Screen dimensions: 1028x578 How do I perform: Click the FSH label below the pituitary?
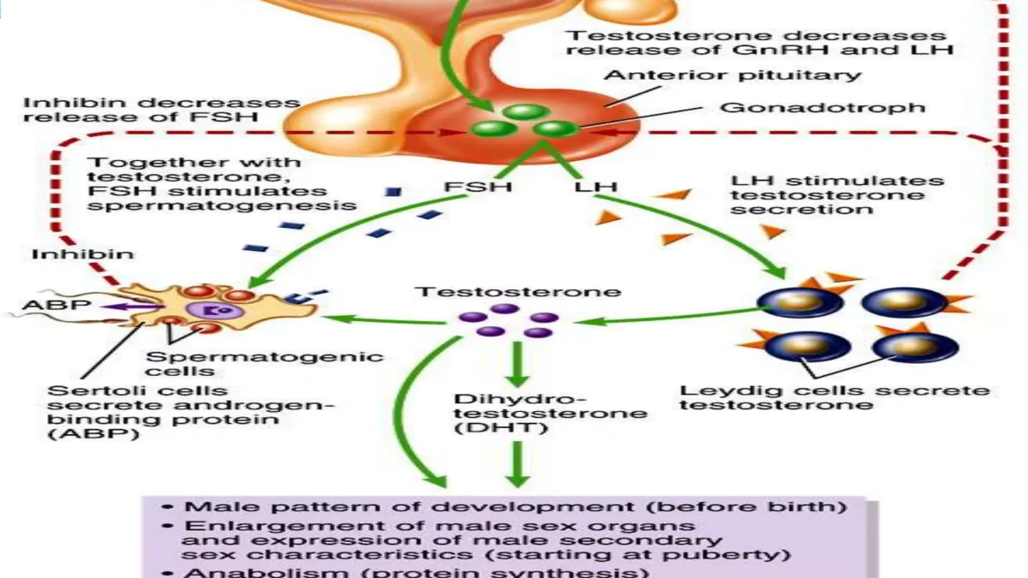(478, 187)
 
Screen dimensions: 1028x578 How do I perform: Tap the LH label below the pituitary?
(595, 187)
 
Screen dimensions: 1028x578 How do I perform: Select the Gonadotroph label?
(822, 107)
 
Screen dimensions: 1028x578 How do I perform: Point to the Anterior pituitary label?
(732, 75)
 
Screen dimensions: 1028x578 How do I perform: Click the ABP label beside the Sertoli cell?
(57, 305)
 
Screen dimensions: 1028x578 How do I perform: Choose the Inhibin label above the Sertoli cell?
(83, 253)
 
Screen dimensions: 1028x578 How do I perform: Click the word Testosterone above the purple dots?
(517, 292)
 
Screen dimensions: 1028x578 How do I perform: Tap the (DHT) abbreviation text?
(501, 428)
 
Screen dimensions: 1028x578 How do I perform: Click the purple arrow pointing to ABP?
(134, 307)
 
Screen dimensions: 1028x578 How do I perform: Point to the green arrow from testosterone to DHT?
(517, 365)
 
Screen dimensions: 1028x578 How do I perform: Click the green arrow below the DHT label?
(517, 464)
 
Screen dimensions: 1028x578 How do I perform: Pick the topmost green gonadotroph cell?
(526, 112)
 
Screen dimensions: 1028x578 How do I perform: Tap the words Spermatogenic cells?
(265, 364)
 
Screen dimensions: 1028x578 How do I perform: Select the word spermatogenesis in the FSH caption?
(222, 206)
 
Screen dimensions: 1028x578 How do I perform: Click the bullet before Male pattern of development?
(168, 507)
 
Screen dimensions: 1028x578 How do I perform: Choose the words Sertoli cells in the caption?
(138, 390)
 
